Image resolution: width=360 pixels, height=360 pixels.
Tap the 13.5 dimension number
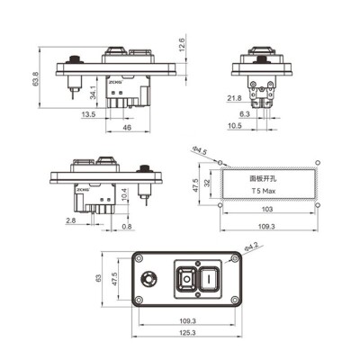[x=89, y=115]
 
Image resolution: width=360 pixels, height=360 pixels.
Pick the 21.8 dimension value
[x=234, y=97]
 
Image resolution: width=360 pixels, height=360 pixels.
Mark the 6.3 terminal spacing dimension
[x=245, y=114]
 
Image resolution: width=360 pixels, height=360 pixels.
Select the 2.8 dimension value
[x=70, y=220]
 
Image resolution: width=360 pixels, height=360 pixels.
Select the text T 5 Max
[x=265, y=192]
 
